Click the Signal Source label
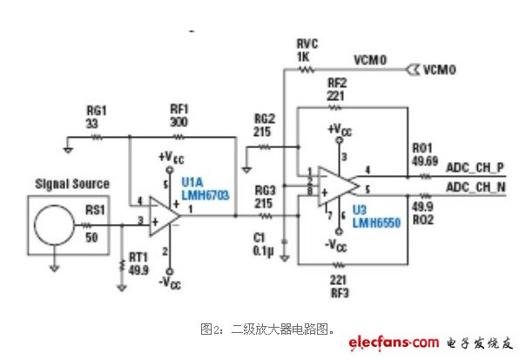pyautogui.click(x=71, y=184)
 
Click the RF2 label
pyautogui.click(x=337, y=84)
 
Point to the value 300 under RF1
pyautogui.click(x=179, y=123)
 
